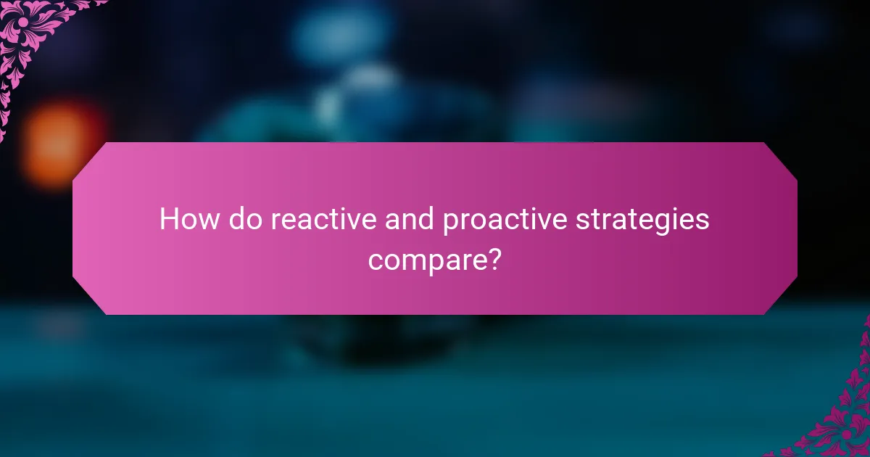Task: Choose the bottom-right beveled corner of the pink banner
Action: pyautogui.click(x=781, y=299)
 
